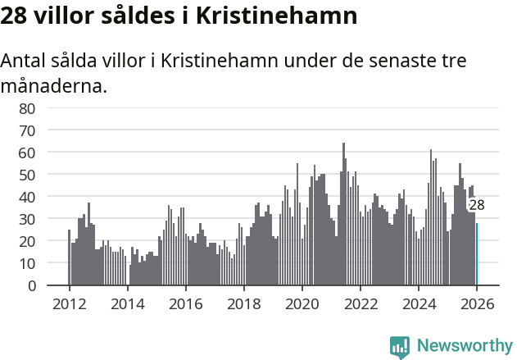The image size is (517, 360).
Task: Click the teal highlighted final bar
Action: [x=477, y=254]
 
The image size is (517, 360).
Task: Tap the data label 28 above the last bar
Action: [x=476, y=206]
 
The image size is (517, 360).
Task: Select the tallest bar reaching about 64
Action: [x=343, y=215]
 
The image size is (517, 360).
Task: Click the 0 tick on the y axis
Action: [x=31, y=286]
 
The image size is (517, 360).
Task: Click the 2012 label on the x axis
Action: [x=69, y=303]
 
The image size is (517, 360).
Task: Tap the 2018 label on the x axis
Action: [x=243, y=303]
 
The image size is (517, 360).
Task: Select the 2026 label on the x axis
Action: [x=476, y=303]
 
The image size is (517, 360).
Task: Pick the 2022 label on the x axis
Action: [x=360, y=303]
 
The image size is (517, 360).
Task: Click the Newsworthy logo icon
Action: [x=400, y=346]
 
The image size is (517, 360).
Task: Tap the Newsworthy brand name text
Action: [x=464, y=346]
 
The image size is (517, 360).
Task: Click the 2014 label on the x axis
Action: [x=127, y=303]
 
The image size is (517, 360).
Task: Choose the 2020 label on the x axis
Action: [x=302, y=303]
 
